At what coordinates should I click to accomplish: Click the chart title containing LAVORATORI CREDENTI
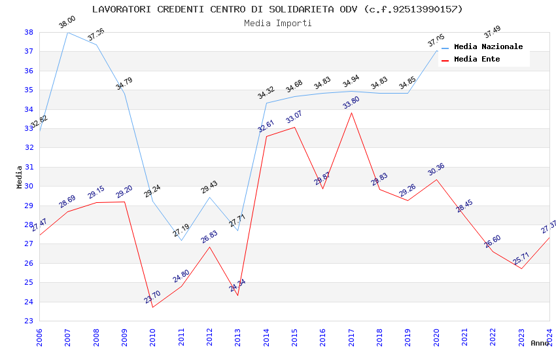tap(277, 9)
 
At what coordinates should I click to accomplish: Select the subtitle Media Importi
tap(277, 23)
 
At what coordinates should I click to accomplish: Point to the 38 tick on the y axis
tap(29, 32)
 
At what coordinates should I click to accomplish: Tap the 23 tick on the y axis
tap(29, 321)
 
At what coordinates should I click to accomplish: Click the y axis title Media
tap(19, 177)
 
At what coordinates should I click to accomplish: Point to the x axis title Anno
tap(540, 343)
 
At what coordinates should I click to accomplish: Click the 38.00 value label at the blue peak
tap(67, 22)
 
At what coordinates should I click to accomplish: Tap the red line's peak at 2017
tap(351, 113)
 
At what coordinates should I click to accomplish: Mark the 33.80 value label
tap(351, 103)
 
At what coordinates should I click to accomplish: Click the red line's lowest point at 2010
tap(153, 307)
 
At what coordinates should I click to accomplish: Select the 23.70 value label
tap(152, 297)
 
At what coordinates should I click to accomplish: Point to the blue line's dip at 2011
tap(181, 240)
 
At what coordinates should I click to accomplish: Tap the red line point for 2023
tap(521, 269)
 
